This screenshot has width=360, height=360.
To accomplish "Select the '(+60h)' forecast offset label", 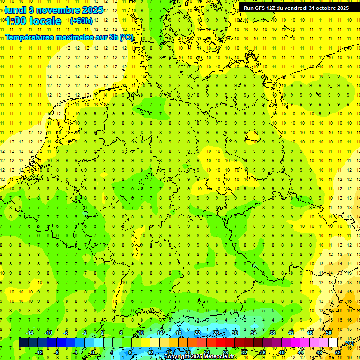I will click(x=81, y=21).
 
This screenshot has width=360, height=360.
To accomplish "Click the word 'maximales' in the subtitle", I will click(x=72, y=37).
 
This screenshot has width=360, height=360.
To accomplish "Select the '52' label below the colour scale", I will click(x=337, y=352).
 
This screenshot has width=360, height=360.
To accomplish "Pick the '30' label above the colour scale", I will click(x=234, y=333).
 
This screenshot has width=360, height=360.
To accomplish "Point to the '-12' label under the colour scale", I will click(x=39, y=352).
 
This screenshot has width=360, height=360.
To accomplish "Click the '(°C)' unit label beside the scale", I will click(x=349, y=344).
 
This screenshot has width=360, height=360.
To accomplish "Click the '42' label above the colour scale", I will click(x=291, y=333).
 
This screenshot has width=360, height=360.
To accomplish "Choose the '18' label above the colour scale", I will click(x=178, y=333).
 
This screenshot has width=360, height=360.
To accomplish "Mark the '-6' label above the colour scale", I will click(x=66, y=333).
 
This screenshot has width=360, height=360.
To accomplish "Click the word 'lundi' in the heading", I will click(x=15, y=10).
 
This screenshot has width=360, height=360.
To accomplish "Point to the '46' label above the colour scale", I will click(x=309, y=333).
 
